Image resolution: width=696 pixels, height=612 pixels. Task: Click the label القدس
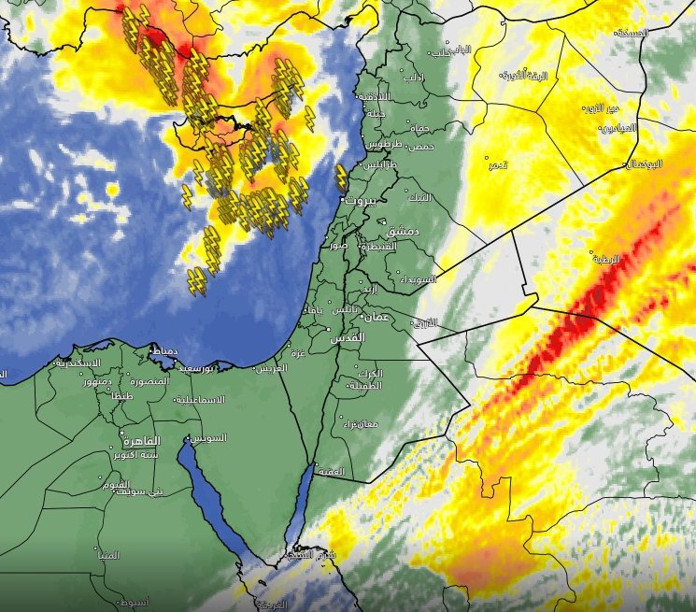(348, 338)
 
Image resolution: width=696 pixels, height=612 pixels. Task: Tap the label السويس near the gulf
(208, 438)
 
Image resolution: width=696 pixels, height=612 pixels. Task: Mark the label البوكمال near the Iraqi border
(643, 164)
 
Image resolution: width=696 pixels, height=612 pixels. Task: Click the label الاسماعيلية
(199, 399)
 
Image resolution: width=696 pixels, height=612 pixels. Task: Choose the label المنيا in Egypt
(108, 555)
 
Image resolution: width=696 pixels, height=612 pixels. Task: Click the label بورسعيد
(203, 368)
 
